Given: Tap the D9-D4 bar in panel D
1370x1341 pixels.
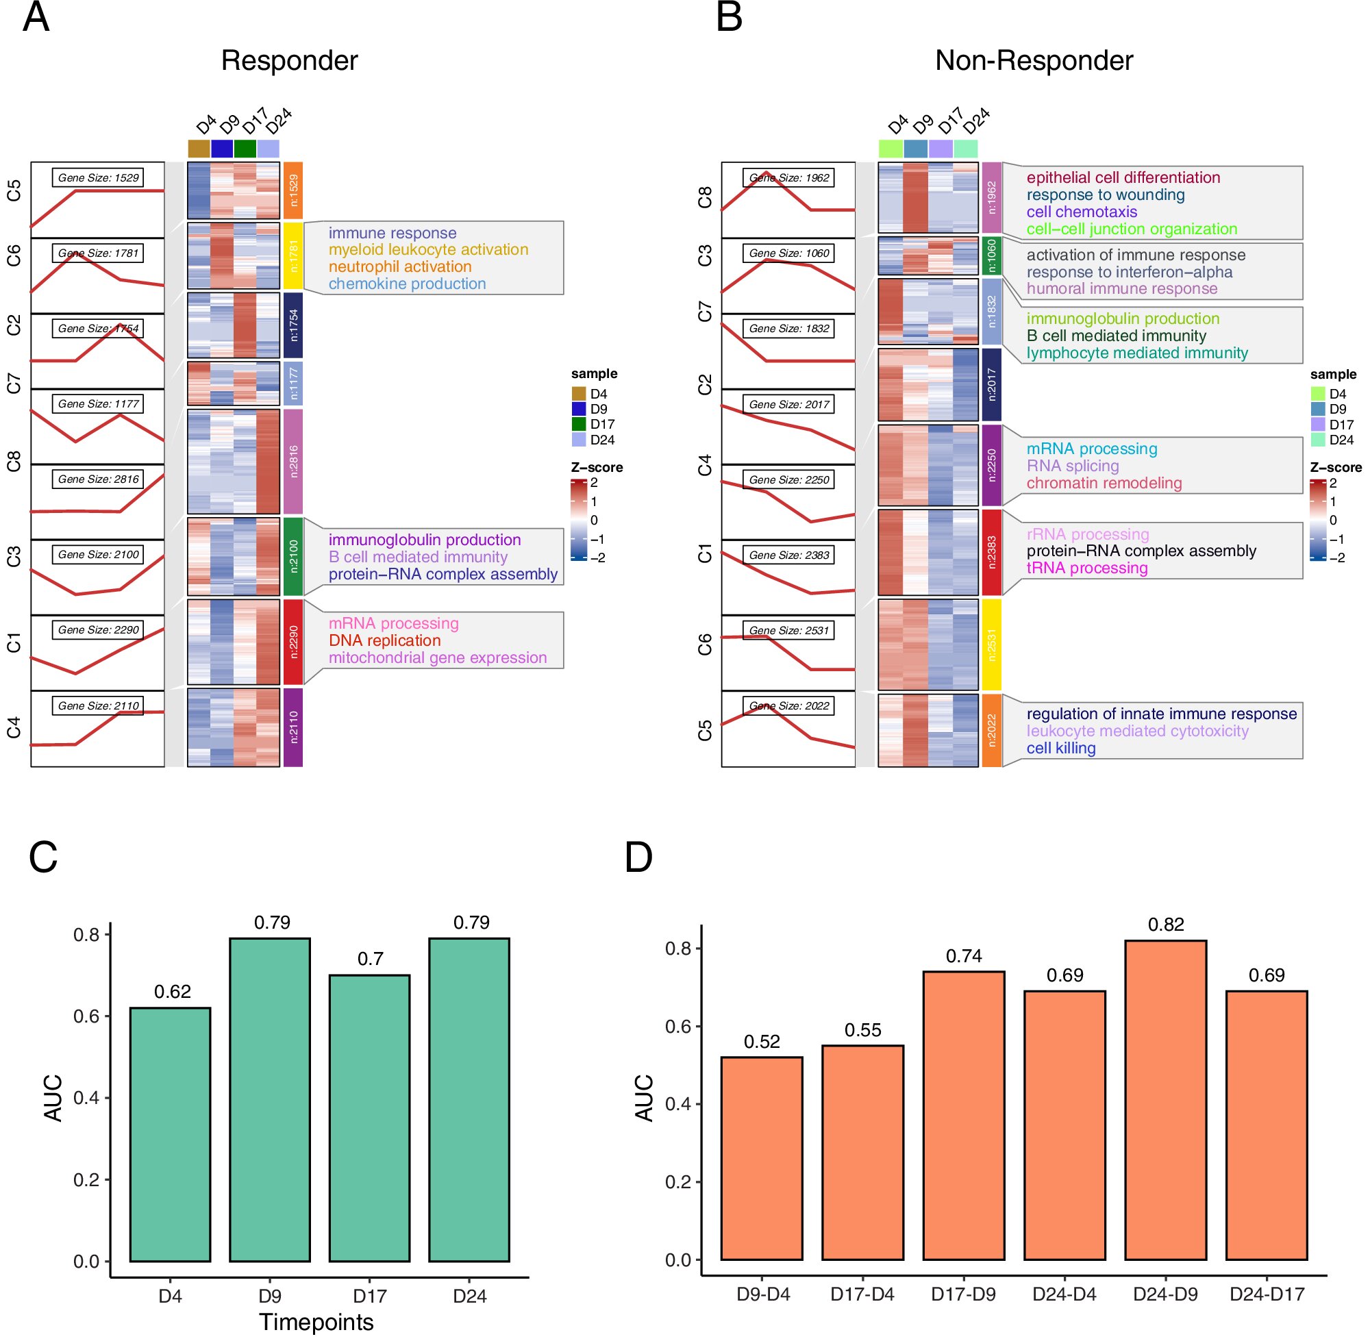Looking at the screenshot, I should (x=762, y=1159).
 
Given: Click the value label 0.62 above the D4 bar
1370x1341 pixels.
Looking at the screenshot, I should (x=173, y=992).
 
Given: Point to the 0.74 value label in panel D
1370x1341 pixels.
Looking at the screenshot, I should (x=964, y=955).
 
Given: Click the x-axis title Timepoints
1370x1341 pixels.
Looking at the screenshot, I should (x=316, y=1322).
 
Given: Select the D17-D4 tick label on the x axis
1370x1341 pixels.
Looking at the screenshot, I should (x=862, y=1294).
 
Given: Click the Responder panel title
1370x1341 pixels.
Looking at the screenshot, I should (x=290, y=60).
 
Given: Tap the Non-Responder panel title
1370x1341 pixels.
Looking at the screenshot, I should (x=1033, y=60).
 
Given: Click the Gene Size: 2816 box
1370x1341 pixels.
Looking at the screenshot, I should (x=98, y=479).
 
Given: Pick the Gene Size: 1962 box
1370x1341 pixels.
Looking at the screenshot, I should (x=788, y=178).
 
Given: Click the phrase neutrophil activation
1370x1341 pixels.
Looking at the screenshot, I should (x=399, y=267).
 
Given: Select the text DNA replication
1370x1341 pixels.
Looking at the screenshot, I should (x=384, y=641).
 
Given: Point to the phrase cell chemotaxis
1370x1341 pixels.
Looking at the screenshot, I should (x=1081, y=212).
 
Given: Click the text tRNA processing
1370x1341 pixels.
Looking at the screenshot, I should (x=1086, y=568).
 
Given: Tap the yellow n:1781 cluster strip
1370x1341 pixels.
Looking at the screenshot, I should (x=293, y=255).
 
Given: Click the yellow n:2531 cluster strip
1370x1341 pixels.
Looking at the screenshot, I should (x=991, y=644).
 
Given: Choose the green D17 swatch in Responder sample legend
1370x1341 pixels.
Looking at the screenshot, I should (x=579, y=424).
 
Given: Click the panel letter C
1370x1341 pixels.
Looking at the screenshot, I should (x=43, y=857).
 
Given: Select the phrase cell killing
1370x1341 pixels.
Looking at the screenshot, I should (x=1060, y=749).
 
